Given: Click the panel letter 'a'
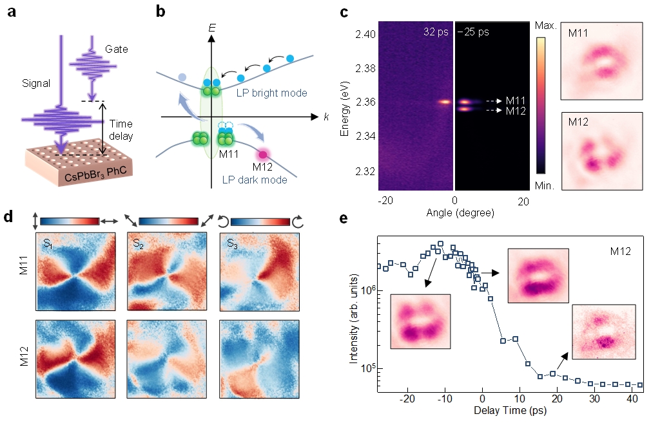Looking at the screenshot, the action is tap(12, 12).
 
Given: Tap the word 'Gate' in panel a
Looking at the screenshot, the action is tap(116, 49).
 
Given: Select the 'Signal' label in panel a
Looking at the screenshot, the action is tap(36, 83).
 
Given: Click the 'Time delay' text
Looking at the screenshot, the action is tap(121, 130).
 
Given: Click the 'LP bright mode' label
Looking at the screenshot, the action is tap(272, 93).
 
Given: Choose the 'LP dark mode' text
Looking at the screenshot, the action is tap(255, 180).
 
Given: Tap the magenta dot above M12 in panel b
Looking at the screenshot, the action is tap(263, 155).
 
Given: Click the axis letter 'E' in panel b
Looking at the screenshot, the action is tap(212, 28).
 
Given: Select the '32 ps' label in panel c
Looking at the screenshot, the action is tap(436, 32).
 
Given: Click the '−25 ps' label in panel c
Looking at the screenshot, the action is tap(473, 32).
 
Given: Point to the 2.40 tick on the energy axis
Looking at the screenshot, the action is tap(365, 34).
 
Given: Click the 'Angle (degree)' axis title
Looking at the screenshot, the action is tap(460, 212).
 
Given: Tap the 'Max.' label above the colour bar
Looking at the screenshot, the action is tap(545, 26).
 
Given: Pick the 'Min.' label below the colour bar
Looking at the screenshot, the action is tap(544, 186).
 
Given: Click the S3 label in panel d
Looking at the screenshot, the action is tap(233, 243).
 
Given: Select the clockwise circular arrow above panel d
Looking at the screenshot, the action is tap(298, 222).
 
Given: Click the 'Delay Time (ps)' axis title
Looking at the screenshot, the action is tap(510, 411).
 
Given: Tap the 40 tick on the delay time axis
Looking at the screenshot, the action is tap(632, 399).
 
